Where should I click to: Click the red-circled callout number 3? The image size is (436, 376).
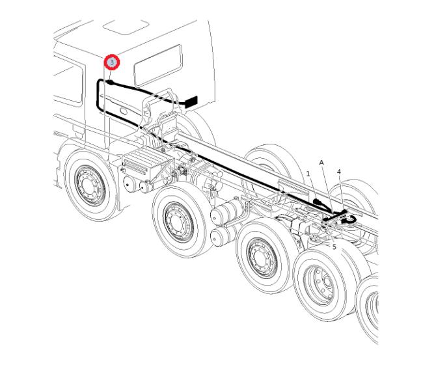[112, 62]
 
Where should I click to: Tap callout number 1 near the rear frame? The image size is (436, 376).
[308, 174]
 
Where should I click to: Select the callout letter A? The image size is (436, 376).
[321, 163]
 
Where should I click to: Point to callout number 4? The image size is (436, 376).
[338, 172]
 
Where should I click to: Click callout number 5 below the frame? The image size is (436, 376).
[334, 247]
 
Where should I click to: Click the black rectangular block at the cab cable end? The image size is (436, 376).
[191, 101]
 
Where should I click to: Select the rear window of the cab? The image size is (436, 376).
[158, 65]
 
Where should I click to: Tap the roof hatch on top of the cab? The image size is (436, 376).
[126, 27]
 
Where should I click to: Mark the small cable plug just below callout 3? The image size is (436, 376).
[109, 82]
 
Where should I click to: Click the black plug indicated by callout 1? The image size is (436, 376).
[318, 202]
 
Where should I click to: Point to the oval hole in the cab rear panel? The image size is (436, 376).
[124, 111]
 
